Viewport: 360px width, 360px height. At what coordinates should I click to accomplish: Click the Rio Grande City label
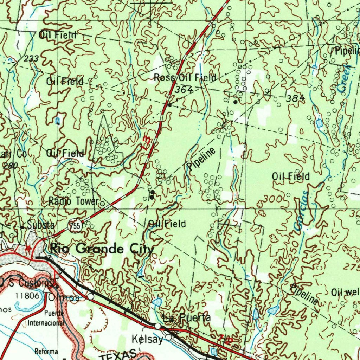point(102,249)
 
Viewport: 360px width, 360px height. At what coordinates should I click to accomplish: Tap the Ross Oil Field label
point(185,78)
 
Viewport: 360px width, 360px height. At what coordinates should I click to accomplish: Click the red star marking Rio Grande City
point(28,249)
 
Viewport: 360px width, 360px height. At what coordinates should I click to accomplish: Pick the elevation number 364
point(184,90)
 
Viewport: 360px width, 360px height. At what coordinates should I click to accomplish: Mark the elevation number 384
point(295,98)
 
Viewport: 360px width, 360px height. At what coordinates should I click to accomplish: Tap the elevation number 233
point(31,59)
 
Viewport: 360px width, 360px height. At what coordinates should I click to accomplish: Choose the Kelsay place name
point(147,339)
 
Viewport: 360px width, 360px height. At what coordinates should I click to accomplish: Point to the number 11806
point(27,296)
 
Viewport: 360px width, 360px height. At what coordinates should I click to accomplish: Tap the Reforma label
point(46,351)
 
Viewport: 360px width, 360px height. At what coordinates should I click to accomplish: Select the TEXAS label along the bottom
point(117,355)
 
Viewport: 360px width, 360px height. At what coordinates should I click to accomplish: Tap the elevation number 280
point(11,166)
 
